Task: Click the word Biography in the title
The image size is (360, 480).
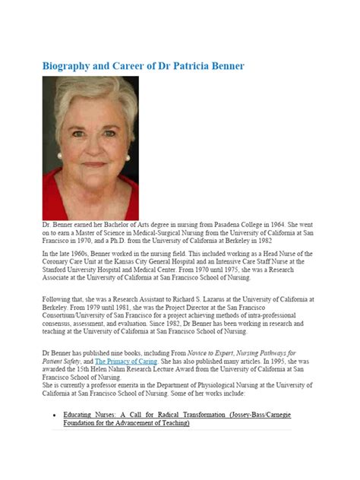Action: (71, 66)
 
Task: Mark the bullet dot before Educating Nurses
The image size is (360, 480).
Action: (53, 416)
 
